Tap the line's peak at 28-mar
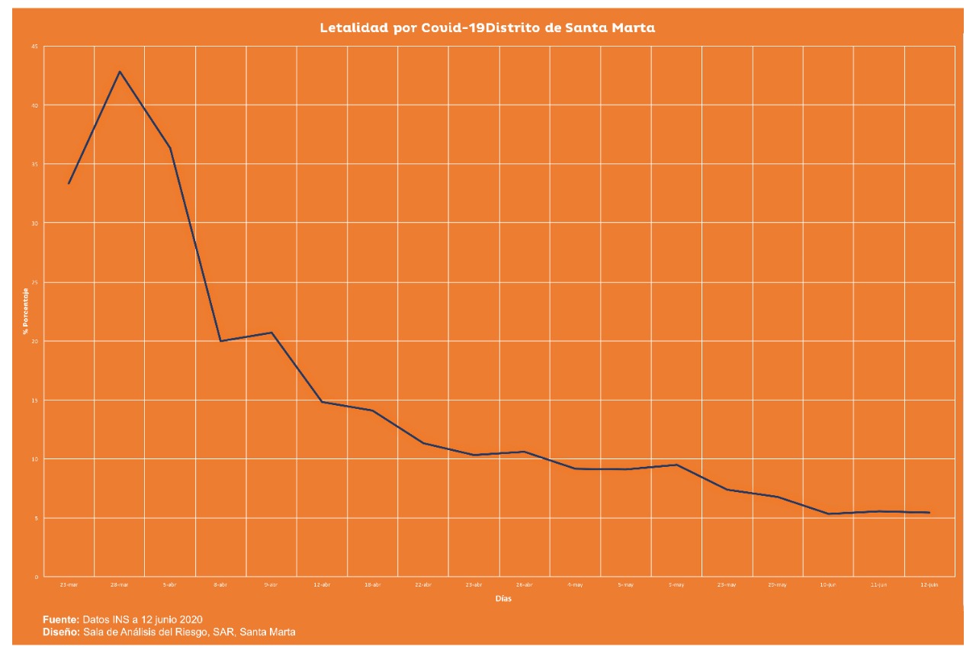(x=120, y=72)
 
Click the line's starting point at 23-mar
(x=69, y=183)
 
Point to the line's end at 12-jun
(x=929, y=513)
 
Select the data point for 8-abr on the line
(x=220, y=340)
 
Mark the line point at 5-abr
(x=170, y=148)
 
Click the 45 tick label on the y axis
(x=34, y=46)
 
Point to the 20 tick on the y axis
(x=34, y=341)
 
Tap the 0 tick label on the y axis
(x=36, y=577)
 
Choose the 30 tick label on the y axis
(x=34, y=223)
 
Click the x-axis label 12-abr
(x=322, y=585)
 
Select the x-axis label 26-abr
(x=524, y=585)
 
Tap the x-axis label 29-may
(x=777, y=585)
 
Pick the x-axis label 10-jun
(x=828, y=585)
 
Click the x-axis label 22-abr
(x=423, y=585)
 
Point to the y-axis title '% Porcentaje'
(x=25, y=311)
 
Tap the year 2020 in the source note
(x=189, y=619)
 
